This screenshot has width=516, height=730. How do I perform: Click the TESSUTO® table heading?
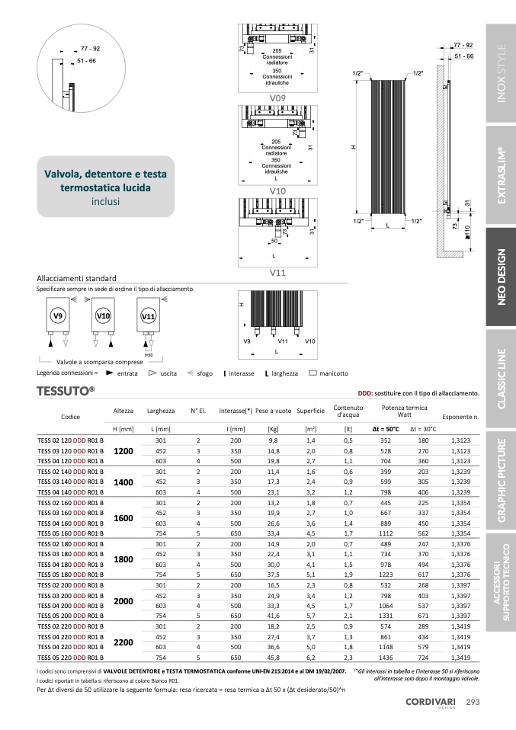pyautogui.click(x=66, y=392)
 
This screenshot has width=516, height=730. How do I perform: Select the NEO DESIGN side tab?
pyautogui.click(x=501, y=277)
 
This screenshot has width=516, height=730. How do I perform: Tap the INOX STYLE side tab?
pyautogui.click(x=501, y=75)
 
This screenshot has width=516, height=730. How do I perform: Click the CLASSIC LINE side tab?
pyautogui.click(x=501, y=378)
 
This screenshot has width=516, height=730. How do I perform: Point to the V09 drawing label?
pyautogui.click(x=277, y=98)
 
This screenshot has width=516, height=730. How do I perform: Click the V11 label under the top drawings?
pyautogui.click(x=277, y=272)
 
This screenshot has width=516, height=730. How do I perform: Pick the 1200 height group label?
pyautogui.click(x=123, y=451)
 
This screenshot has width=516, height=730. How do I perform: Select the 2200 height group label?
pyautogui.click(x=123, y=642)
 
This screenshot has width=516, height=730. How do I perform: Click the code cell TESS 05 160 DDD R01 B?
pyautogui.click(x=70, y=533)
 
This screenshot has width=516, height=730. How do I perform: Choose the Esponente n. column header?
pyautogui.click(x=460, y=418)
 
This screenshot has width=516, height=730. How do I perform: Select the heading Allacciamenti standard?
pyautogui.click(x=76, y=278)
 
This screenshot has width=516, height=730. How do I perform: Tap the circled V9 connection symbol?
pyautogui.click(x=57, y=315)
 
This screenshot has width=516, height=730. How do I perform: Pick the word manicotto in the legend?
pyautogui.click(x=334, y=373)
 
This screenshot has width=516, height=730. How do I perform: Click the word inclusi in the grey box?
pyautogui.click(x=105, y=201)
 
